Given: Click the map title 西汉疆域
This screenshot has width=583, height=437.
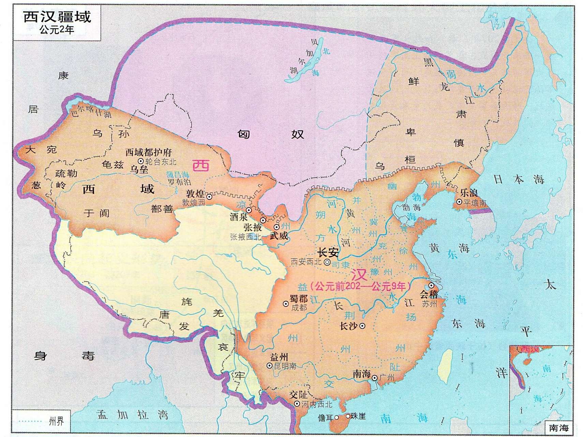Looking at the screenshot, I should point(57,17).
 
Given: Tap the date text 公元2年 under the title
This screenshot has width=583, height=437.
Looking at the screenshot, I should point(57,30).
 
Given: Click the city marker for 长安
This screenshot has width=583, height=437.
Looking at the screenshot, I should point(327,262).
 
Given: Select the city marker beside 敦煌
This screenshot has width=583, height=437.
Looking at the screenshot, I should point(209,197).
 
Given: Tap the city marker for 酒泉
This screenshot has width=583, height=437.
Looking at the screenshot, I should point(249,210).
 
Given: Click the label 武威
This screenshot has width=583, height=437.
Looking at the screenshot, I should point(279,236).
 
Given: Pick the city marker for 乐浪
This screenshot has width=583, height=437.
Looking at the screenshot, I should point(459,202).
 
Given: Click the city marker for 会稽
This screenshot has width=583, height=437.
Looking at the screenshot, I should point(431,285).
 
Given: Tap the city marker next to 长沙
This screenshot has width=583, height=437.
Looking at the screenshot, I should point(362,326).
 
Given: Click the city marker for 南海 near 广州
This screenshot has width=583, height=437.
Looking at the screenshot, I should point(374,378).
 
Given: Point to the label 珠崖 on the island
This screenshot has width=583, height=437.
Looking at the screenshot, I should point(358,416).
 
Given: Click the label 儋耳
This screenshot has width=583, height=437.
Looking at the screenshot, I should point(326,417).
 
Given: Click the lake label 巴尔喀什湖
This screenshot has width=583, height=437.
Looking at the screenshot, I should point(91,111).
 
